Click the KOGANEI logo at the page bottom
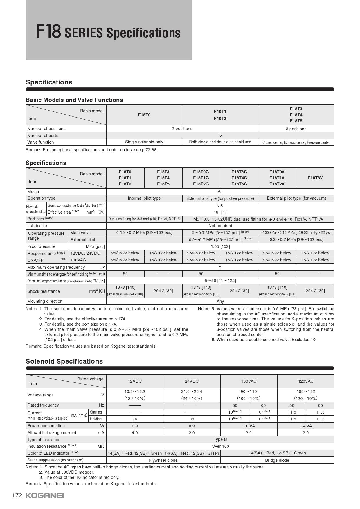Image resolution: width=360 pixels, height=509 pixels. tap(45, 495)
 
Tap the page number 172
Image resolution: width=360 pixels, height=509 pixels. tap(17, 495)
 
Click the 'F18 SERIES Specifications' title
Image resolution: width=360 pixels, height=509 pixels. tap(108, 32)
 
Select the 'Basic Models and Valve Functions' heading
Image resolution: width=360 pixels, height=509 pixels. tap(74, 100)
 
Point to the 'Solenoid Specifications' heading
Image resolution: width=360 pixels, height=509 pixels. tap(64, 361)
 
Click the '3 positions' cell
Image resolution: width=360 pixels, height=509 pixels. tap(296, 129)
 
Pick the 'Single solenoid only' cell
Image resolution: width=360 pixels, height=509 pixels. tap(144, 142)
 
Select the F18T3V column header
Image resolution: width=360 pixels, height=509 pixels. tap(315, 178)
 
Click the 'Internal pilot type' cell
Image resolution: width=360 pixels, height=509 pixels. tap(144, 198)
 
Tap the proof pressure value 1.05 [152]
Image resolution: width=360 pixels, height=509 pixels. tap(220, 246)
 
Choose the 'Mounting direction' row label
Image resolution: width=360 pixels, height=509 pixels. tap(45, 301)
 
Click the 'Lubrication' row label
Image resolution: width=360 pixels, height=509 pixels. tap(38, 226)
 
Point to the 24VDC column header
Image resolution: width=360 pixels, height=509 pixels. tap(192, 381)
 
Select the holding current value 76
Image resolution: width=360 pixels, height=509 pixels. tap(135, 419)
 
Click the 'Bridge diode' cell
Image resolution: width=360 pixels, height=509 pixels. tap(277, 460)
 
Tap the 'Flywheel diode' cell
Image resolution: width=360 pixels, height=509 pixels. tap(163, 460)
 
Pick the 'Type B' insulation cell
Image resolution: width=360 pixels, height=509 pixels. tap(220, 439)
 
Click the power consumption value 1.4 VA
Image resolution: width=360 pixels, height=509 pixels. tap(305, 426)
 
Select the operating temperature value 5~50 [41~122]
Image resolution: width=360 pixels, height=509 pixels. tap(220, 281)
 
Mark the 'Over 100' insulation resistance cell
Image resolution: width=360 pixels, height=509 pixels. tap(220, 446)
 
